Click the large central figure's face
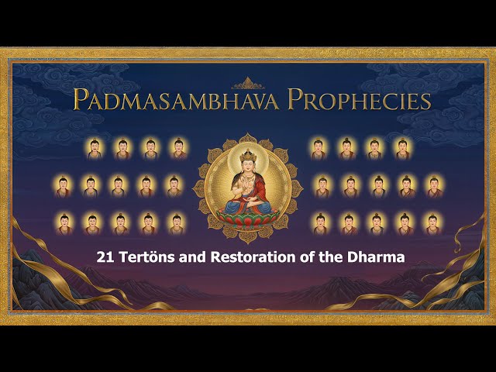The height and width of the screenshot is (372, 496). point(247,168)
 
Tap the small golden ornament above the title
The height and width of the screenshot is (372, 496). point(248,82)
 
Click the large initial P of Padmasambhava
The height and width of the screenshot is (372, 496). point(81,99)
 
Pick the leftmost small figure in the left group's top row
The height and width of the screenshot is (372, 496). point(95,148)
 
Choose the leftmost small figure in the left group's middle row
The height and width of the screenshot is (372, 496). point(64,186)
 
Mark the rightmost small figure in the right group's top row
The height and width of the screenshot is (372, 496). point(403,148)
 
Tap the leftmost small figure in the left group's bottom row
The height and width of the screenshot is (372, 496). point(65,223)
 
